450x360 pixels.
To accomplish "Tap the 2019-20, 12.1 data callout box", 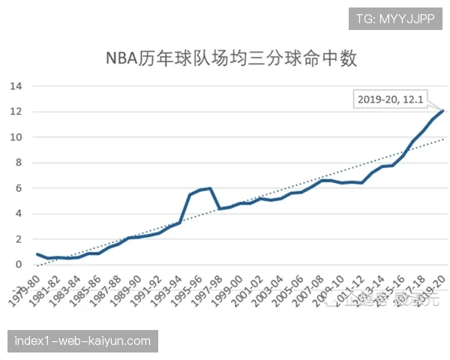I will point(391,99).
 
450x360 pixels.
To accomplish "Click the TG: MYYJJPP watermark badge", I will point(395,19).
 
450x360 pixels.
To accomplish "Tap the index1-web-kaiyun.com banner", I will point(83,341).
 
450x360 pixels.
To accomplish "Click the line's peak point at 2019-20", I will point(442,111).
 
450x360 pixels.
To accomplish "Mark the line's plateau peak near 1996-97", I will point(210,188).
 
